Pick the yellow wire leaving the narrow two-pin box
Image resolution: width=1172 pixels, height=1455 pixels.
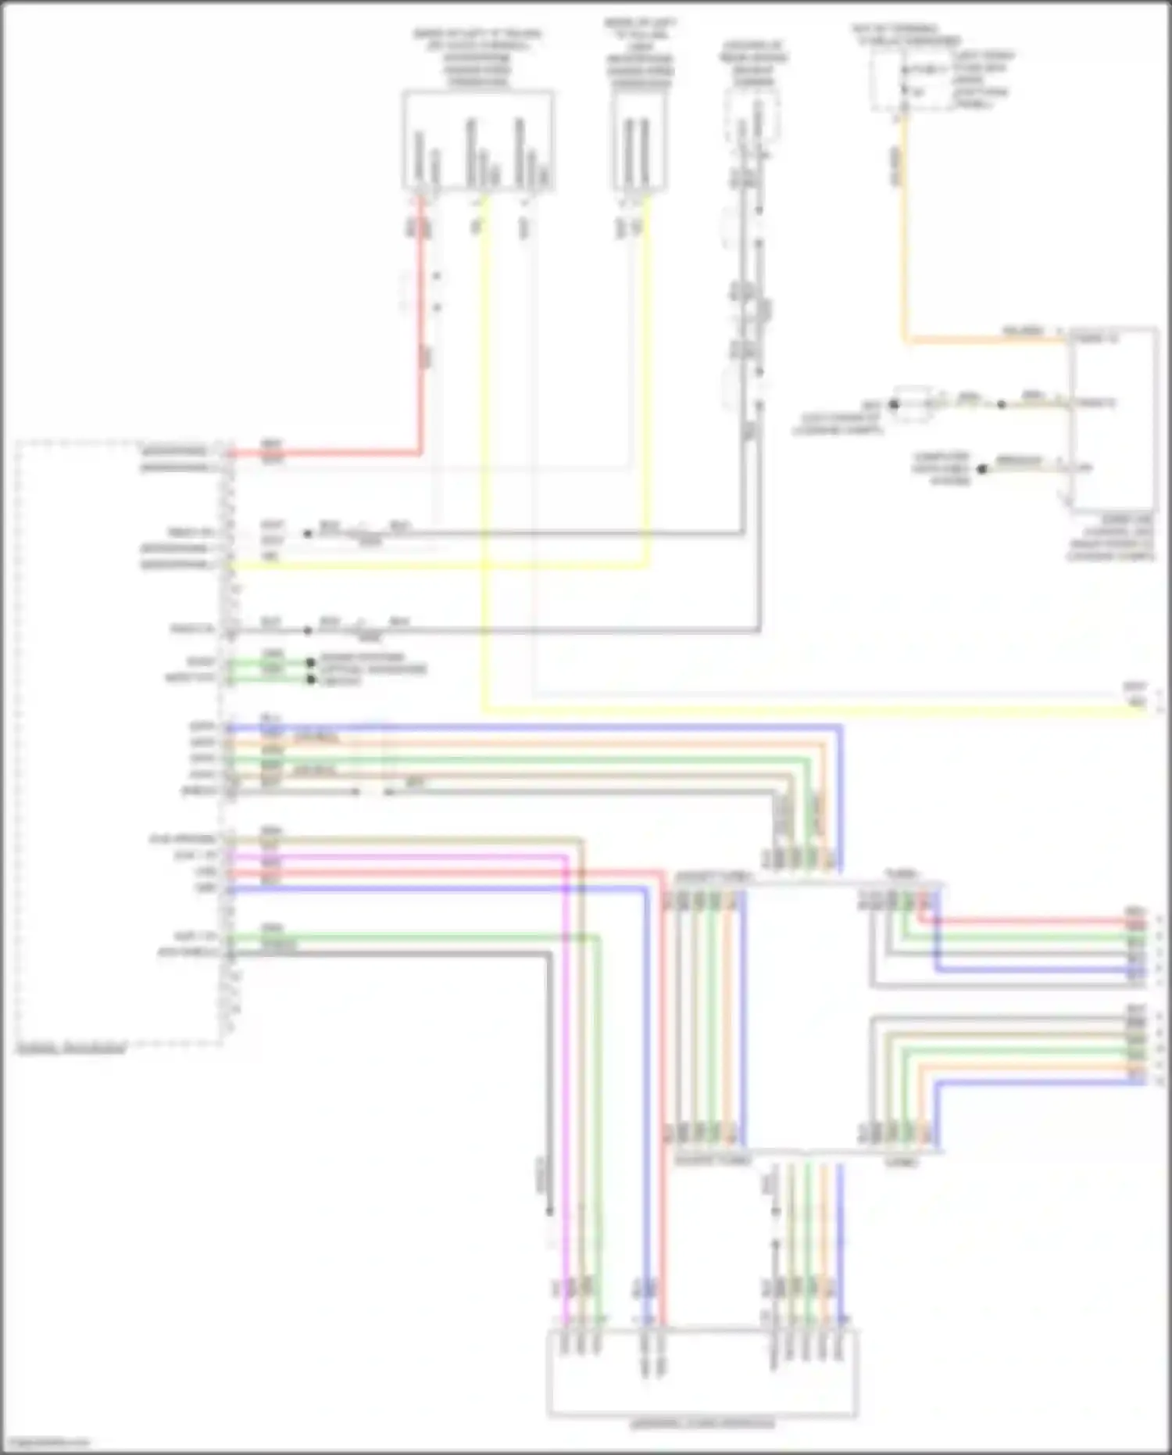click(645, 391)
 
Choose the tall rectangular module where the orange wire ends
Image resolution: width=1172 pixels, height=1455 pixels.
click(1114, 418)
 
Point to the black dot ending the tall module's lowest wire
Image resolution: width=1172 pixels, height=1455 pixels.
click(983, 468)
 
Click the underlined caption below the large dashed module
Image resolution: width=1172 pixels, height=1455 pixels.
click(70, 1048)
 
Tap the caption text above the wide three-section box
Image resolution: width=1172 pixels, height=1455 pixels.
click(477, 58)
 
